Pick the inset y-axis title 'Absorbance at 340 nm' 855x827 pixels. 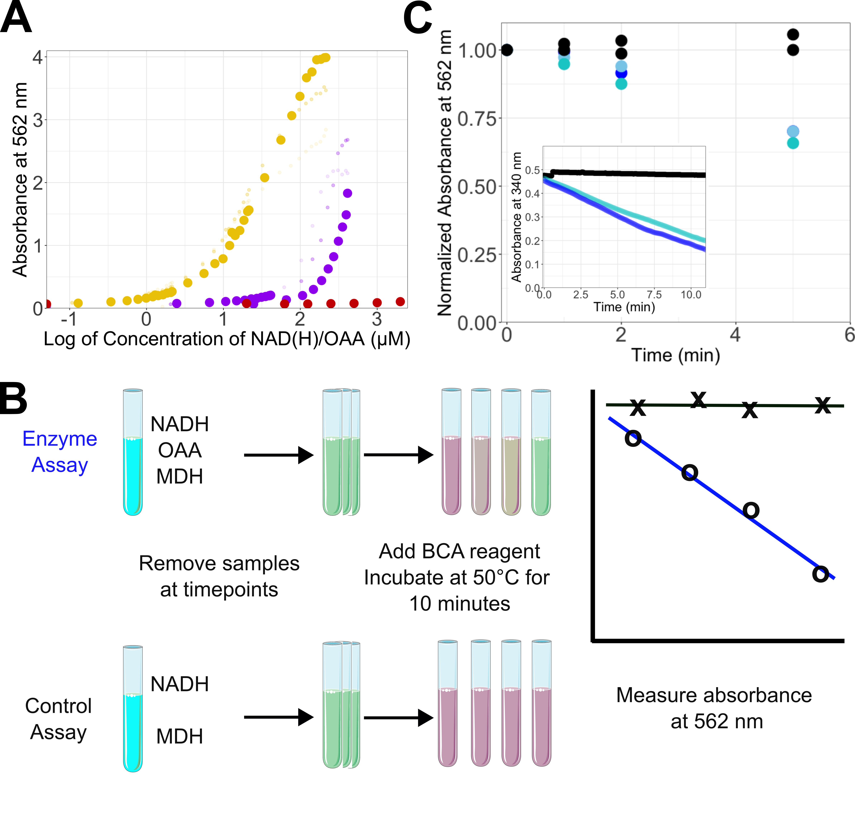point(517,217)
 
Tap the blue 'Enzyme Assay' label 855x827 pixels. point(60,452)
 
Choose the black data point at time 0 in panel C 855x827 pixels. point(507,50)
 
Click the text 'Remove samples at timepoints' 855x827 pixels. point(219,576)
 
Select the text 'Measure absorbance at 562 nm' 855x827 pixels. point(714,708)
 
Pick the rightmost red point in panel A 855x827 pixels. point(400,302)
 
